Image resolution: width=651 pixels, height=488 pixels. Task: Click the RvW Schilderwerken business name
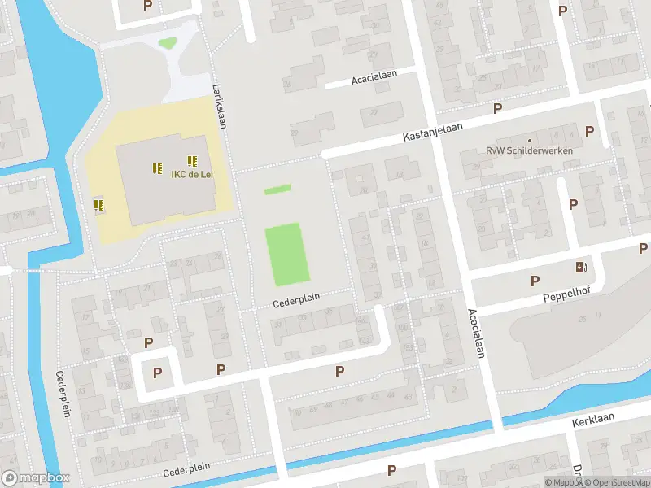click(x=529, y=151)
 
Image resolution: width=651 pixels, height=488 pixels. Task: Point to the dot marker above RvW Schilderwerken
click(x=530, y=140)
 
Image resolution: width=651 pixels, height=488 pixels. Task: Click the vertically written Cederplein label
click(x=62, y=394)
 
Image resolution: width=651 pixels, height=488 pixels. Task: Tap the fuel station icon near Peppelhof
click(x=580, y=267)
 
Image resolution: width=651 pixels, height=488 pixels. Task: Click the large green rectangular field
click(x=287, y=255)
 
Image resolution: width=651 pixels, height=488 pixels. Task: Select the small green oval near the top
click(x=168, y=42)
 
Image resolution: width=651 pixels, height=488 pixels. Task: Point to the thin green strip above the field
click(x=277, y=190)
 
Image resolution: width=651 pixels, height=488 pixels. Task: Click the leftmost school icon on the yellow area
click(x=99, y=205)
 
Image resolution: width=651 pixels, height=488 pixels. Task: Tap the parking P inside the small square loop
click(x=157, y=373)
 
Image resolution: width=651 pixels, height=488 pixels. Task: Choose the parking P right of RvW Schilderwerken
click(x=589, y=131)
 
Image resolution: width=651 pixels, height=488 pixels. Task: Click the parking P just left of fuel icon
click(x=535, y=281)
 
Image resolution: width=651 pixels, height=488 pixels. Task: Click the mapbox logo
click(x=35, y=477)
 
